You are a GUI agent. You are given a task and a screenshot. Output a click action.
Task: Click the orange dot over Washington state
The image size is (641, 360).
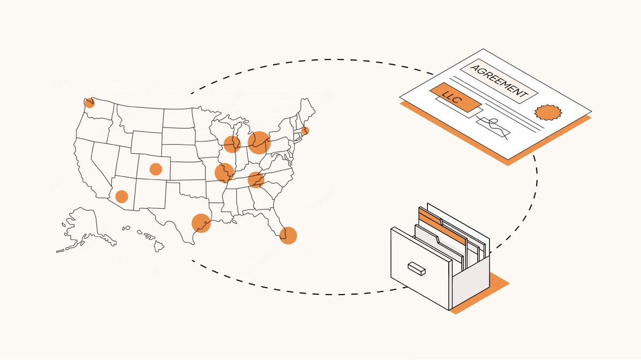pos(90,103)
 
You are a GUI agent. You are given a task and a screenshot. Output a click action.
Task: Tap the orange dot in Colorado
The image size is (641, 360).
pos(156,169)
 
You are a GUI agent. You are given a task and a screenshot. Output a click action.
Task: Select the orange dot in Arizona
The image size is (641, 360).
pos(122,197)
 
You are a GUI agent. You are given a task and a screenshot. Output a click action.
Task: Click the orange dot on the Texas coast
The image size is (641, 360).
pos(201,223)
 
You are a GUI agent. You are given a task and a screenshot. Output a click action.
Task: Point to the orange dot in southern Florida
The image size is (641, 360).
pos(288,235)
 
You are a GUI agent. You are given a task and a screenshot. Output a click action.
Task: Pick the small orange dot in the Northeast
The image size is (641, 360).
pos(305,130)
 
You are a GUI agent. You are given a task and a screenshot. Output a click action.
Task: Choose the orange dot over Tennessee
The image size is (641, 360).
pos(257,180)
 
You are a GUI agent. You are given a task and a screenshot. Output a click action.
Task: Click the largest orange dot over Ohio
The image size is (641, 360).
pos(259,142)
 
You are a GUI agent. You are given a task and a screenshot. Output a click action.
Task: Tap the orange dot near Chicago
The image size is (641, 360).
pos(232,144)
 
